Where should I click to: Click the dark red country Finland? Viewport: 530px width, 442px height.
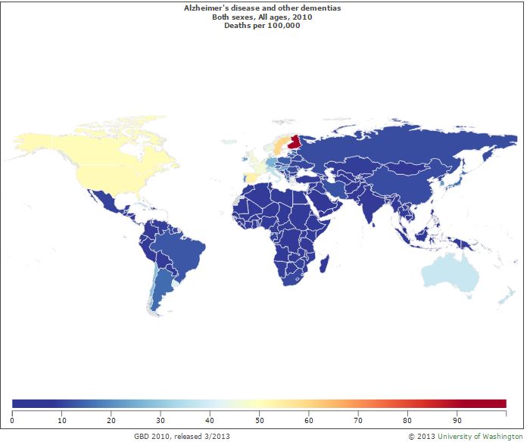(298, 141)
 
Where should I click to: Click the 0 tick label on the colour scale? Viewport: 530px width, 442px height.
(13, 418)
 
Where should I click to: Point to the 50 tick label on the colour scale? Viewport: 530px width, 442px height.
(260, 418)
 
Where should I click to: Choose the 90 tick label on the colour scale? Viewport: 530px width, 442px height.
(457, 418)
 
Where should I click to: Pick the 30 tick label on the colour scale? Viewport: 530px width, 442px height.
(161, 418)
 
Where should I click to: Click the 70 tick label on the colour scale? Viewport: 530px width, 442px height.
(358, 418)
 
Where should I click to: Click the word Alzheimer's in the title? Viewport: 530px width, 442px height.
(207, 7)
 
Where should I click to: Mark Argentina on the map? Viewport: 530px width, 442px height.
(164, 295)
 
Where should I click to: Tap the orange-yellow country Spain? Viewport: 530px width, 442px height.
(251, 177)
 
